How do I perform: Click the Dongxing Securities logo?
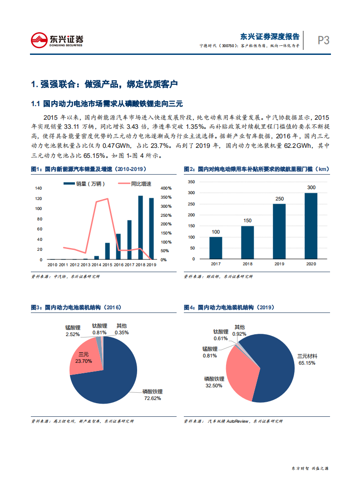click(57, 40)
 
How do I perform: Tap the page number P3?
click(323, 40)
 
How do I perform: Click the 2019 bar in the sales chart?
click(151, 229)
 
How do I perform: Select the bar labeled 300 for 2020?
click(311, 226)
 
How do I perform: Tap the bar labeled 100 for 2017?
click(216, 248)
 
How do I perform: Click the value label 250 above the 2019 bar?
click(279, 199)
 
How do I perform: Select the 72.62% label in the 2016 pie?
click(152, 398)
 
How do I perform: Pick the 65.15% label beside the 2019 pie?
click(306, 363)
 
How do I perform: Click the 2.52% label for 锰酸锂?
click(73, 334)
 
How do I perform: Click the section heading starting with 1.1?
click(107, 104)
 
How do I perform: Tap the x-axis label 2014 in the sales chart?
click(96, 265)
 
